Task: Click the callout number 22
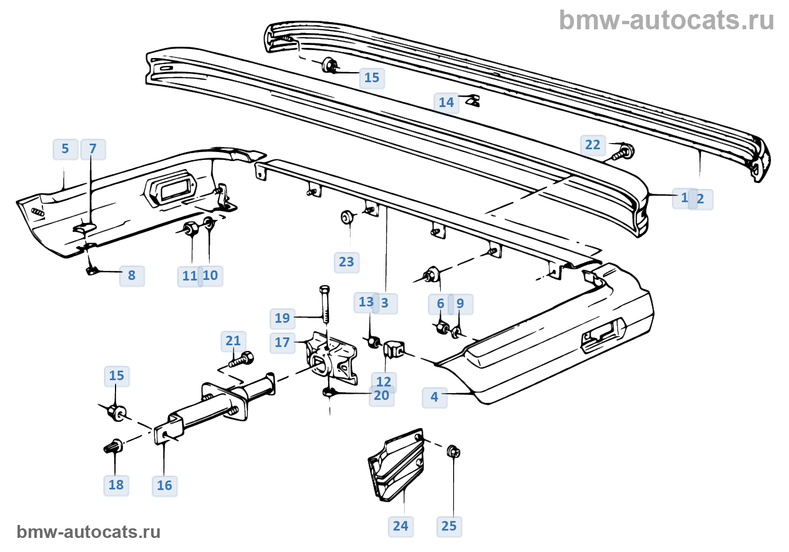tap(592, 145)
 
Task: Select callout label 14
tap(446, 103)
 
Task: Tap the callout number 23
tap(346, 262)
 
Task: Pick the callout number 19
tap(282, 318)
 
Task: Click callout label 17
tap(282, 342)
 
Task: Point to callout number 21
tap(233, 341)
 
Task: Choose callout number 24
tap(400, 526)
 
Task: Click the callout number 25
tap(449, 526)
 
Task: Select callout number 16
tap(164, 486)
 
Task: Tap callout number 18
tap(116, 485)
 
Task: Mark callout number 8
tap(131, 275)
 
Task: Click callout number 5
tap(65, 149)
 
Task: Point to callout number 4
tap(434, 397)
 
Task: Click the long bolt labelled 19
tap(325, 304)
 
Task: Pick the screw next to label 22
tap(623, 152)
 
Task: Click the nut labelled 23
tap(347, 217)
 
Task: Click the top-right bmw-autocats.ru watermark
tap(666, 20)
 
